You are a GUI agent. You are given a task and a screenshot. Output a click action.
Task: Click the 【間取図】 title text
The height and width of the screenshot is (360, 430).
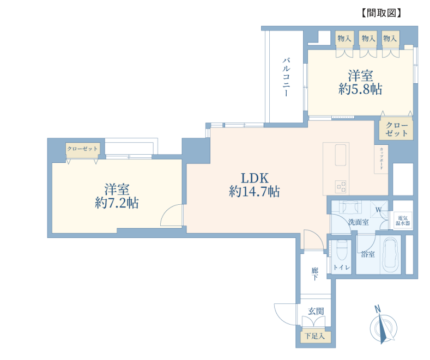pos(381,13)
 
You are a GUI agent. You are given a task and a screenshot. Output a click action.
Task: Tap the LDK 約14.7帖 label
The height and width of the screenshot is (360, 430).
pos(254,185)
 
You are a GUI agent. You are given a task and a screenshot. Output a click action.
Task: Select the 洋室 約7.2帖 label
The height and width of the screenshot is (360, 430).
pos(117,196)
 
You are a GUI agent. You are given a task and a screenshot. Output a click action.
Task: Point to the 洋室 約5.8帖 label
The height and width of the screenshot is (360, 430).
pos(360,82)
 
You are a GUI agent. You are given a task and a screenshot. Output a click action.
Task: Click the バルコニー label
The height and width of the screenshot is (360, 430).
pos(286,77)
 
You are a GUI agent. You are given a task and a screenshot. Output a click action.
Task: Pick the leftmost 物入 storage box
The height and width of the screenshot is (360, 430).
pos(344,38)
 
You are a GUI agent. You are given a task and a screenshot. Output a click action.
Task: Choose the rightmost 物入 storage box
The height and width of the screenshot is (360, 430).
pos(391,38)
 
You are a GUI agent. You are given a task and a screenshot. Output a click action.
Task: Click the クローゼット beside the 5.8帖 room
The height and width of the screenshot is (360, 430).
pos(396,129)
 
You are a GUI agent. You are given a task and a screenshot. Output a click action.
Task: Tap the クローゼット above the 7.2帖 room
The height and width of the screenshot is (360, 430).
pos(82,150)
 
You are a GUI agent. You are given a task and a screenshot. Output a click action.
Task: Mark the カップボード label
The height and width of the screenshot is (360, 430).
pos(381,158)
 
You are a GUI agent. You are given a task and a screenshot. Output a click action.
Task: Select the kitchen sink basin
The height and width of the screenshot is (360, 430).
pos(340,155)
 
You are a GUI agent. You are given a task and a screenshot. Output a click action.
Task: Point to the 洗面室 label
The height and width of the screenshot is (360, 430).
pos(358,222)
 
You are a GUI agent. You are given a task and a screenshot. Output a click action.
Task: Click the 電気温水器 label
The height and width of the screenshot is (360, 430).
pos(403,221)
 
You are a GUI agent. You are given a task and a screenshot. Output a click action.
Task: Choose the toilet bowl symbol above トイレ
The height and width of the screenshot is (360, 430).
pos(342,251)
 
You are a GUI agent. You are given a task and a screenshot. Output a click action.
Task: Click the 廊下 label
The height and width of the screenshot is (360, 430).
pos(314,274)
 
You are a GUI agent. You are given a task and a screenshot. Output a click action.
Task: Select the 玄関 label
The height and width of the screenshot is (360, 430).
pos(316,311)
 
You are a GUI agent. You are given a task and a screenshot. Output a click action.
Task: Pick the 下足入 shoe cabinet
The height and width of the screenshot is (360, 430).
pos(315,336)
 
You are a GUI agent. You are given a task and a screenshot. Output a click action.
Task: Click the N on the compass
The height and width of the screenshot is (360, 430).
pos(378,309)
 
